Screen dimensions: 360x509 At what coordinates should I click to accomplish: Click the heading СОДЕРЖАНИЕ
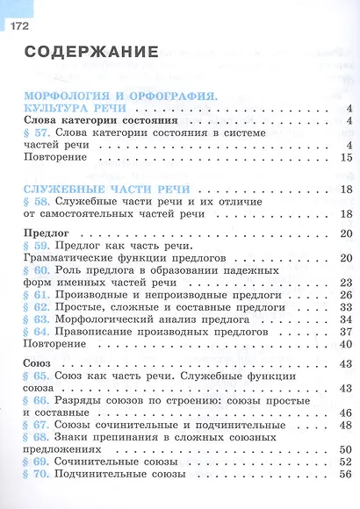[x=91, y=53]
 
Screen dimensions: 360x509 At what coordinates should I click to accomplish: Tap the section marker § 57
[x=37, y=132]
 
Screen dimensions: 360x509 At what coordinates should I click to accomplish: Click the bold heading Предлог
[x=44, y=233]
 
